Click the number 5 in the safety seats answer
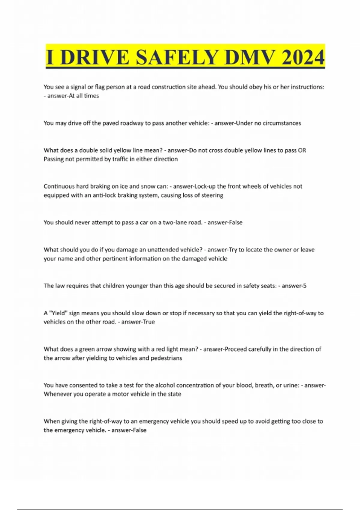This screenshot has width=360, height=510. [x=305, y=286]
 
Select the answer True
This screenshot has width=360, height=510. [x=149, y=322]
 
